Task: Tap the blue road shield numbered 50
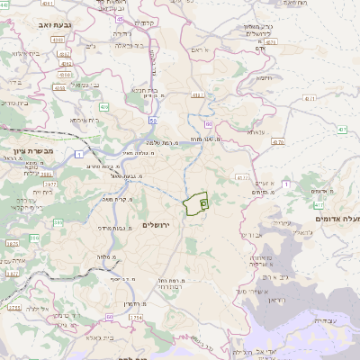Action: [x=154, y=119]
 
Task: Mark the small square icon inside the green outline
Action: [x=203, y=204]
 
